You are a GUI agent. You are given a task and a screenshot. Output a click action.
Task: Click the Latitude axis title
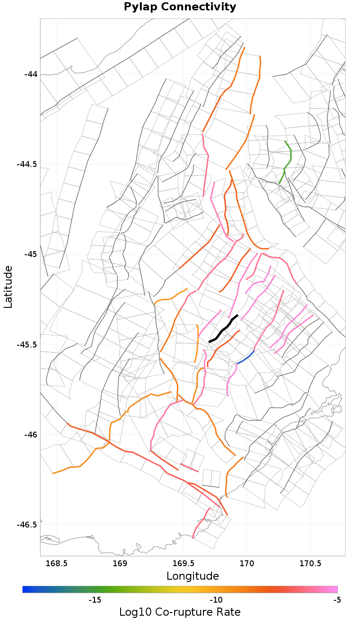click(8, 287)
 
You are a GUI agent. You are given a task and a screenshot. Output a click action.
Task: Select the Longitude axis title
click(193, 576)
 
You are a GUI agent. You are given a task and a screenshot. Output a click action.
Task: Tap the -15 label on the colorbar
click(94, 599)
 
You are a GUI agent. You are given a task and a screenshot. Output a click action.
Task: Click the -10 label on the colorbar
click(216, 599)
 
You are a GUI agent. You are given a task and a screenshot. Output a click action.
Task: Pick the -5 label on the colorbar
click(337, 599)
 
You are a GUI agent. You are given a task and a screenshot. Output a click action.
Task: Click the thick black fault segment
click(224, 330)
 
